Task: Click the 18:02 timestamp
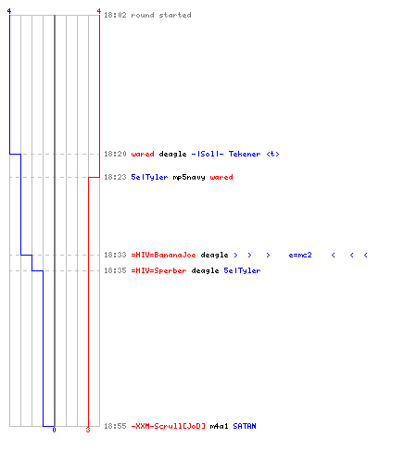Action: (115, 15)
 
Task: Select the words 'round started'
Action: (161, 15)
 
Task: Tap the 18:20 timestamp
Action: (115, 154)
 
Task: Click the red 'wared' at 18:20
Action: (143, 154)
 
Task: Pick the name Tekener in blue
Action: (245, 154)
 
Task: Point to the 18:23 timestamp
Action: (115, 177)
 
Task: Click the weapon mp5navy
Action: (189, 177)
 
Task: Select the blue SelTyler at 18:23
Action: (149, 177)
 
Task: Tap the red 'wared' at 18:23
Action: (221, 177)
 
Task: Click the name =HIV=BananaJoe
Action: (163, 255)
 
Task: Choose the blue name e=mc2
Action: (300, 255)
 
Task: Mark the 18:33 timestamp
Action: (115, 255)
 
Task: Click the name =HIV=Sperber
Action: (158, 270)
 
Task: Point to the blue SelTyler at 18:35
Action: (242, 270)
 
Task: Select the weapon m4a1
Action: (219, 426)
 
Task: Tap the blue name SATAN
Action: (245, 426)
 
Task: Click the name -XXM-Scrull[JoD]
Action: (168, 426)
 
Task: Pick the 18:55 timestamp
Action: (115, 426)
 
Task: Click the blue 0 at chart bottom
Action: (54, 430)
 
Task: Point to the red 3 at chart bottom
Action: (88, 430)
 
